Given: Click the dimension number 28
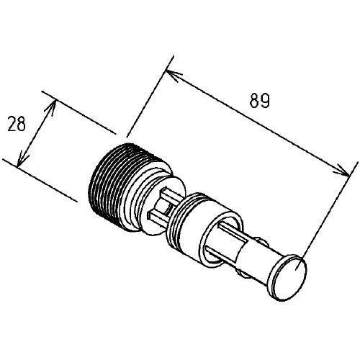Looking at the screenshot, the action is click(x=17, y=124).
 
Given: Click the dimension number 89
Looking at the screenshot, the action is click(x=259, y=100).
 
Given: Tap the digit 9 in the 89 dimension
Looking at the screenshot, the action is click(x=265, y=100).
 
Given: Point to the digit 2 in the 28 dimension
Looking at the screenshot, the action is click(x=12, y=124).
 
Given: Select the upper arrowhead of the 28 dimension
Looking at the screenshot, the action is click(x=51, y=107).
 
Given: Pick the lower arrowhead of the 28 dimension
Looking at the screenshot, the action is click(x=22, y=158).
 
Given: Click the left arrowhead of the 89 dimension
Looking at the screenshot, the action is click(x=174, y=75).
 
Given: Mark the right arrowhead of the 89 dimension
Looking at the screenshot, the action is click(x=342, y=171).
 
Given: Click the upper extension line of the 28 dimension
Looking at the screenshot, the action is click(x=78, y=112).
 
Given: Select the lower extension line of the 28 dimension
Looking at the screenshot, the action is click(x=40, y=180).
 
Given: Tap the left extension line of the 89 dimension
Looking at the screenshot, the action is click(x=150, y=96).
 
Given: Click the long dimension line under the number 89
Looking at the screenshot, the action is click(x=257, y=123).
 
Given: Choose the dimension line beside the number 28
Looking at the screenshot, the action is click(x=37, y=133).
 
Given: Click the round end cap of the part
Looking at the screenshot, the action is click(x=289, y=278).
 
